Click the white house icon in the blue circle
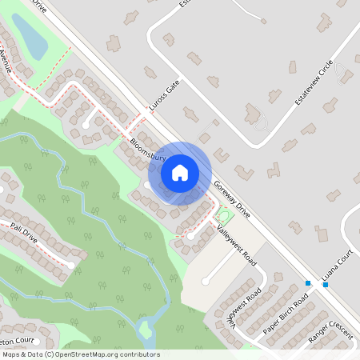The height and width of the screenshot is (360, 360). click(x=180, y=172)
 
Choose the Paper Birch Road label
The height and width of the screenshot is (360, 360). click(x=286, y=316)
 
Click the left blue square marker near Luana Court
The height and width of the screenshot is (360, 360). click(x=308, y=282)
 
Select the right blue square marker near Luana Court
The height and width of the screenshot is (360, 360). click(x=325, y=284)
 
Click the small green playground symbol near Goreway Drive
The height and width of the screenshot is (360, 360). click(x=223, y=215)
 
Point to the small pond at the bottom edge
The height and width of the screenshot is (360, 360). click(x=146, y=329)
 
